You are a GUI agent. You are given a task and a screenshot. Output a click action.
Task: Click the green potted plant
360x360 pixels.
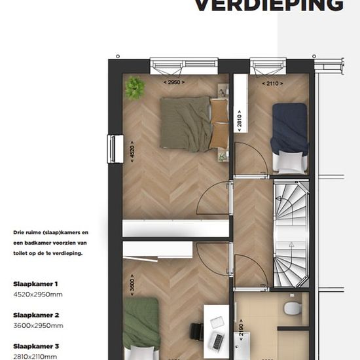[135, 88]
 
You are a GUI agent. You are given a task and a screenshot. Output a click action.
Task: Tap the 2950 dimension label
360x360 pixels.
[174, 82]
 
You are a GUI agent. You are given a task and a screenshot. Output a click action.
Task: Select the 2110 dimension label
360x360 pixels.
[272, 83]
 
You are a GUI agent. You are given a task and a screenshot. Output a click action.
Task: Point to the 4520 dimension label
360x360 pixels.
[132, 152]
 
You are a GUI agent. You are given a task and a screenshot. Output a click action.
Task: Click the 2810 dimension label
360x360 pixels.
[239, 121]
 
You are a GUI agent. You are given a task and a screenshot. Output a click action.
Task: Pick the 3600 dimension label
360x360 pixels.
[132, 285]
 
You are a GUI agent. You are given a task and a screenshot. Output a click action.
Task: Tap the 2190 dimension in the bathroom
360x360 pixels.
[241, 330]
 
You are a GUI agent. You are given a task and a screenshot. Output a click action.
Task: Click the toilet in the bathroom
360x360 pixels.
[291, 308]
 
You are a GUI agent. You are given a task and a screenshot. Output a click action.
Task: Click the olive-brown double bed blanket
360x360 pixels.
[185, 124]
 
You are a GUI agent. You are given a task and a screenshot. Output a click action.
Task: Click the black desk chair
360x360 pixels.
[197, 332]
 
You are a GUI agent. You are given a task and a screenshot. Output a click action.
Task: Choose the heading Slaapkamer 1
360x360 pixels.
[35, 284]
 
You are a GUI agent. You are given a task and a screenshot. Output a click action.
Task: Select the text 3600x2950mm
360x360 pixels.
[38, 325]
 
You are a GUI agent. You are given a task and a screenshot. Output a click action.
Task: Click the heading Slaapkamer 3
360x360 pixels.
[36, 346]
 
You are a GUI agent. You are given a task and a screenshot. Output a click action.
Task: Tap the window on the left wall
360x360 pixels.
[115, 149]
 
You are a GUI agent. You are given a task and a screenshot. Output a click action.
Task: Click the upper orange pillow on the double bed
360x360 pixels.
[219, 110]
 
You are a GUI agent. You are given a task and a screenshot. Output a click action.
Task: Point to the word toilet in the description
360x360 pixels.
[20, 253]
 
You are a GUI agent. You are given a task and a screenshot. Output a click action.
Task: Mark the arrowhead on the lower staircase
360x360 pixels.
[291, 245]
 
